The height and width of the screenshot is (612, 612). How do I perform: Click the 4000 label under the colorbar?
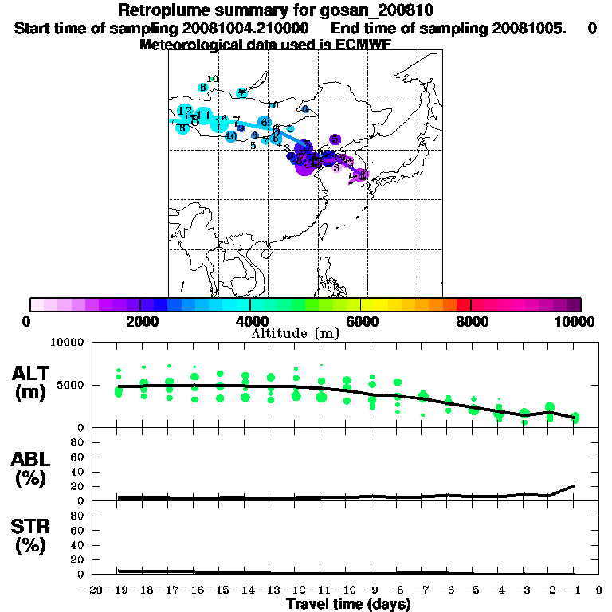click(x=250, y=321)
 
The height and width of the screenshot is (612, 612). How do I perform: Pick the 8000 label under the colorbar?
click(x=471, y=321)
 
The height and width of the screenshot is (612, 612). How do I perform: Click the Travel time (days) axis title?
click(x=348, y=605)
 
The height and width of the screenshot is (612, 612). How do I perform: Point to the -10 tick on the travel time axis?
click(x=346, y=590)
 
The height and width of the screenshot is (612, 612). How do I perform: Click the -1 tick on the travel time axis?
click(x=574, y=590)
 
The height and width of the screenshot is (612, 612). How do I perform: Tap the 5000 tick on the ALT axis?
click(x=72, y=385)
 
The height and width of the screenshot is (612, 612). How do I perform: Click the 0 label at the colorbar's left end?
click(x=27, y=321)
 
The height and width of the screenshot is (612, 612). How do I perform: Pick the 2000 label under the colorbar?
click(x=140, y=321)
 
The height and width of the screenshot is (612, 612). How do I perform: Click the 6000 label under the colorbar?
click(x=361, y=321)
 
